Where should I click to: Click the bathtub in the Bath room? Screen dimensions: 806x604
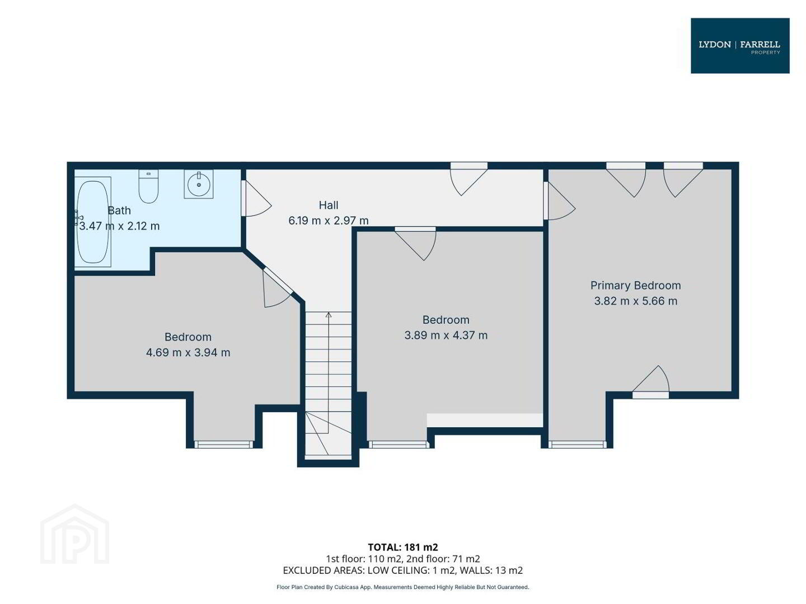point(92,221)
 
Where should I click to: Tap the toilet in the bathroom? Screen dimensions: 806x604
point(148,186)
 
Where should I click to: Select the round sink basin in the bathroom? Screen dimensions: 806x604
point(199,184)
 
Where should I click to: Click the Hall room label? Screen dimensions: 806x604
point(328,205)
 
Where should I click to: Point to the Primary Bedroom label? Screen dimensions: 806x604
point(635,285)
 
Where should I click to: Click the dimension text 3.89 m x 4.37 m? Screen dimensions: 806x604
point(446,335)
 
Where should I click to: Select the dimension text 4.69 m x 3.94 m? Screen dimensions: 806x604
point(188,352)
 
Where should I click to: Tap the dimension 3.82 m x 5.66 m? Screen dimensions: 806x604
point(635,301)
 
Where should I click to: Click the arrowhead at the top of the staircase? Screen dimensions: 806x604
point(328,315)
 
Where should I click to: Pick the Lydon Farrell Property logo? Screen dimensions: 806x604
point(739,46)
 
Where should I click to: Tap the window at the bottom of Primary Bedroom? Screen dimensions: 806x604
point(577,445)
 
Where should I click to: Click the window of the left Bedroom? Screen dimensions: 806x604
point(223,445)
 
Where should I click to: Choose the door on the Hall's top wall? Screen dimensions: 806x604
point(469,178)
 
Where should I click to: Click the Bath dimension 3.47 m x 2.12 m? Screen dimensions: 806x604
point(119,226)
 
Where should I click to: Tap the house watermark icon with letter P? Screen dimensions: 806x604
point(74,535)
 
